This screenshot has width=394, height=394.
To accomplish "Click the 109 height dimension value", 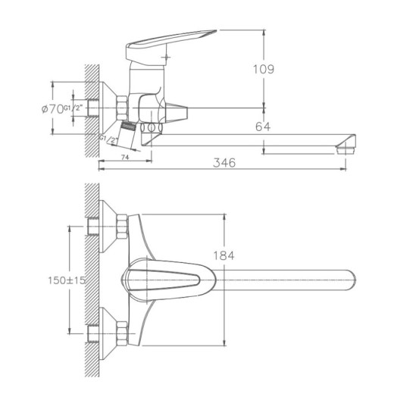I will tap(264, 70).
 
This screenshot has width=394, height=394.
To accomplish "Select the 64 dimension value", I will tap(263, 126).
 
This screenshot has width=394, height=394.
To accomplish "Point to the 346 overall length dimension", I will tap(225, 162).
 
